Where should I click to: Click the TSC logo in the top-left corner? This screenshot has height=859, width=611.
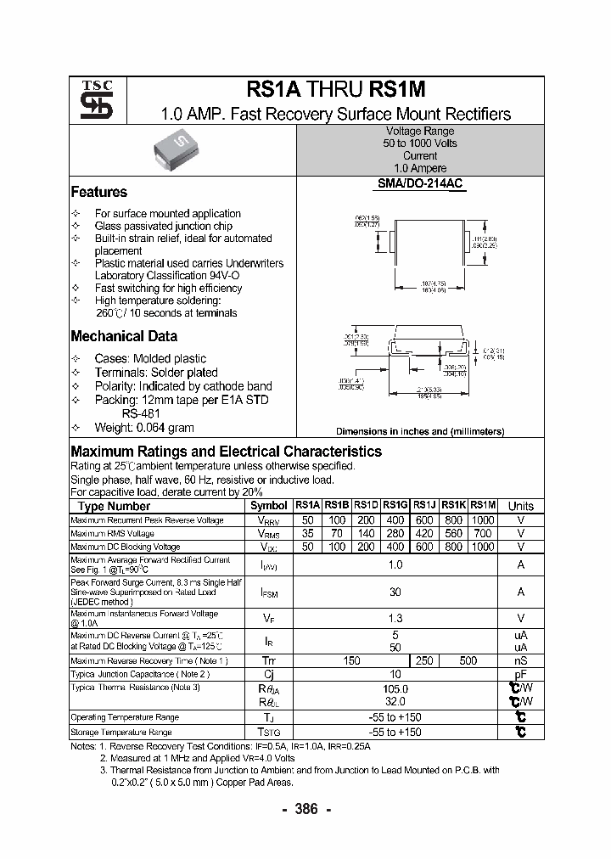[91, 100]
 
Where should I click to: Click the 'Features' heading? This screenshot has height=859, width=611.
[98, 192]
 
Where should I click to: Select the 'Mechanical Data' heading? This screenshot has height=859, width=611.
[124, 335]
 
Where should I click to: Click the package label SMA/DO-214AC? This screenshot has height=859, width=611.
[420, 183]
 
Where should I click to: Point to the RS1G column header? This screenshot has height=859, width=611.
[395, 505]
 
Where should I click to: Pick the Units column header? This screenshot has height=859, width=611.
[520, 506]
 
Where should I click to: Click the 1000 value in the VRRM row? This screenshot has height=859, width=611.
[482, 519]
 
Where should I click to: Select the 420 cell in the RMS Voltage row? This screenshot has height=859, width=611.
[424, 533]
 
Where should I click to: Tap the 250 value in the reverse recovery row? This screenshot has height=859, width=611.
[424, 660]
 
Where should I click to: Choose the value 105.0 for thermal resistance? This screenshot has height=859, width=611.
[395, 689]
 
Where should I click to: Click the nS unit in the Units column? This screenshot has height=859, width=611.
[520, 660]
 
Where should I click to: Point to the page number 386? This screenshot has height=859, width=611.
[305, 809]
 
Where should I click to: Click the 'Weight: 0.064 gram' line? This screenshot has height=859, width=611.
[144, 428]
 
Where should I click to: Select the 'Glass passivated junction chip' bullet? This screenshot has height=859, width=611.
[163, 227]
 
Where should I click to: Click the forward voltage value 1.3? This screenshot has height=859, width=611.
[395, 619]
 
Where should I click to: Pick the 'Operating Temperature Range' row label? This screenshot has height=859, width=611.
[125, 717]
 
